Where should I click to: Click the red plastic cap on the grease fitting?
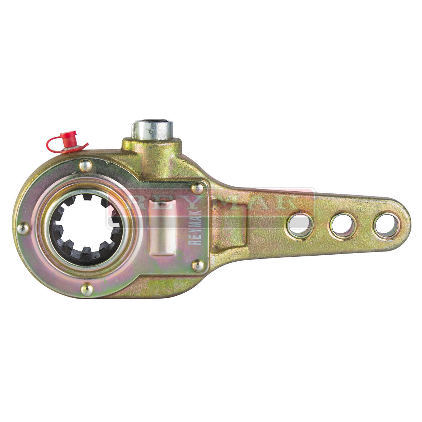click(68, 139)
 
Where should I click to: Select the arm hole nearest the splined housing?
click(299, 225)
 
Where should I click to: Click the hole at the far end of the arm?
click(386, 225)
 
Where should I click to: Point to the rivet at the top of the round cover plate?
click(85, 166)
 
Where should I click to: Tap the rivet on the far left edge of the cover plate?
click(23, 229)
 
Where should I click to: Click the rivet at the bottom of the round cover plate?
click(87, 290)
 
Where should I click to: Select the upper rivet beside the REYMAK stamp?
click(197, 188)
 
